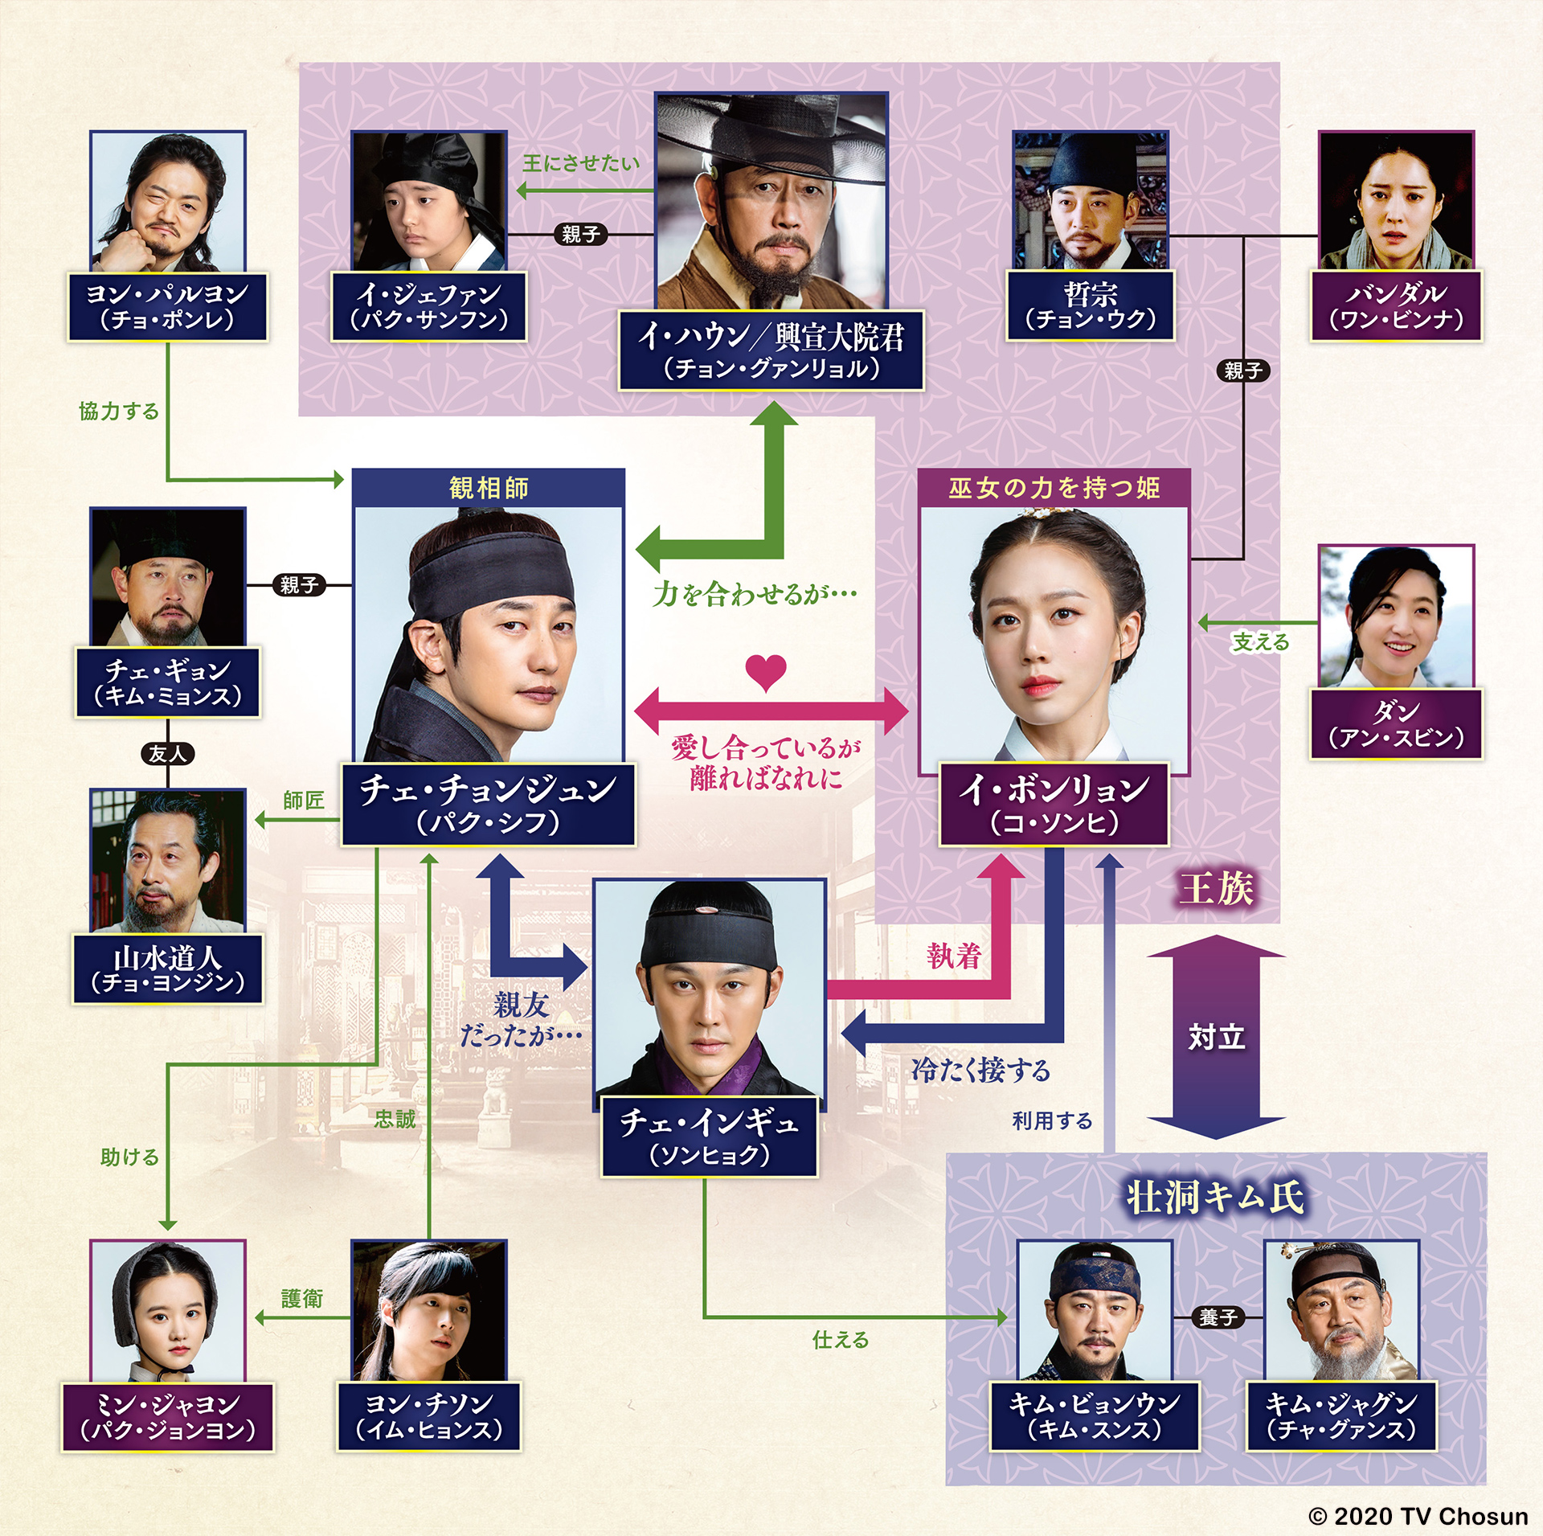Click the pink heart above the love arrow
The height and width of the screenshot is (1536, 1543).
766,673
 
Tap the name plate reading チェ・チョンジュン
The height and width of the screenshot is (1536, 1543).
489,804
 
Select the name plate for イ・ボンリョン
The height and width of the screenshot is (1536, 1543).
1054,804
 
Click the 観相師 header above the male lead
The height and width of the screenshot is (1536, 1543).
489,488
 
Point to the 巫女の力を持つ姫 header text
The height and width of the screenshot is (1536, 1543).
1054,488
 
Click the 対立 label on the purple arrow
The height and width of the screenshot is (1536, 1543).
1216,1037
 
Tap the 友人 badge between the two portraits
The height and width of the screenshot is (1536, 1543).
168,753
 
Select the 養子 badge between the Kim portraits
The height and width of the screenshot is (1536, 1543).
1218,1317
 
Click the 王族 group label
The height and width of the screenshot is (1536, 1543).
1216,888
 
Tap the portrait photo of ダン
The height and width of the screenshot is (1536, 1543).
1397,616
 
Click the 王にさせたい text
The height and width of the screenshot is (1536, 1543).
581,163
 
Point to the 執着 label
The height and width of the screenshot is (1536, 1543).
954,956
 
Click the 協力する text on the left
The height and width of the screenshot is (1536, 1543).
119,412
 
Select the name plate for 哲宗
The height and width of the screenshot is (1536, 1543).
1091,305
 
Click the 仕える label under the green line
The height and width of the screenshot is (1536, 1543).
841,1339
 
